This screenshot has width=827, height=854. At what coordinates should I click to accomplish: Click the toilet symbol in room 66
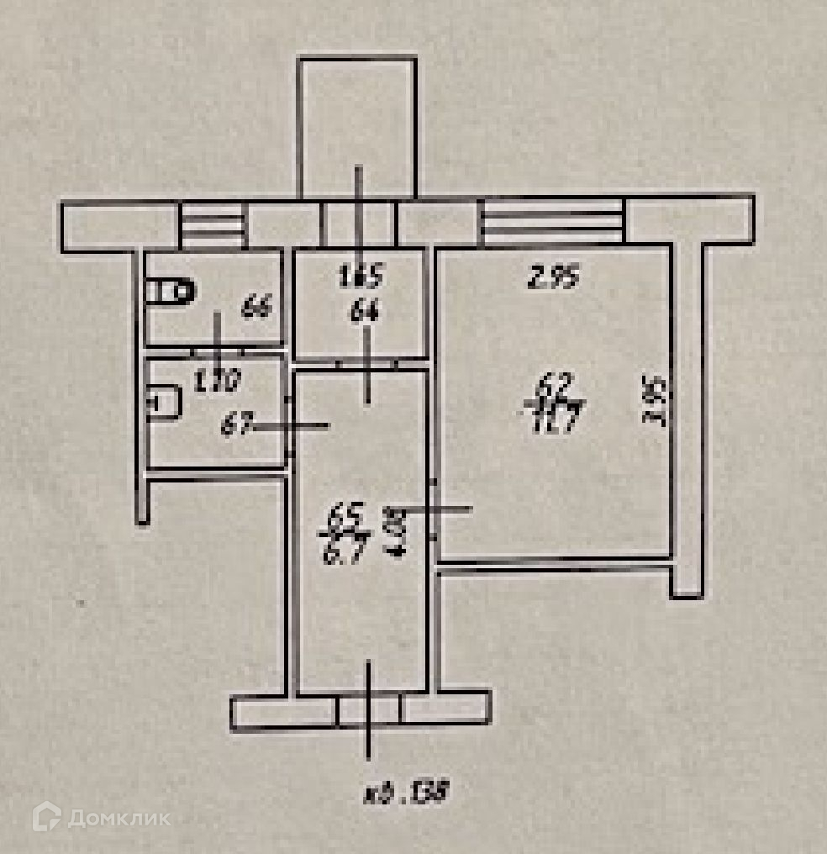pos(171,292)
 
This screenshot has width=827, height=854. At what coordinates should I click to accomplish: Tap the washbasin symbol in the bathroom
pos(164,402)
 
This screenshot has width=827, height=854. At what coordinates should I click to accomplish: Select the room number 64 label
pos(366,314)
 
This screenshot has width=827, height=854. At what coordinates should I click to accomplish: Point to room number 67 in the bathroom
pos(236,425)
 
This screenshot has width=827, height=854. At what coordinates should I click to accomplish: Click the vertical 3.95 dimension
pos(656,402)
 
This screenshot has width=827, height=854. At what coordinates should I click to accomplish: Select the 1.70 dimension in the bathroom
pos(218,382)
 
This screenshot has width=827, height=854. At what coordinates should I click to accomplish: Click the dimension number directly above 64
pos(361,275)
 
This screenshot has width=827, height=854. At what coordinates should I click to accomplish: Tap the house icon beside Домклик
pos(47,816)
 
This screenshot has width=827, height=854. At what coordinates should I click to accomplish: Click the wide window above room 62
pos(552,221)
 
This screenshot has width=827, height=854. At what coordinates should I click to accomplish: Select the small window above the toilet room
pos(213,226)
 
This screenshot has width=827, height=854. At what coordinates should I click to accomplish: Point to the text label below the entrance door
pos(403,793)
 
